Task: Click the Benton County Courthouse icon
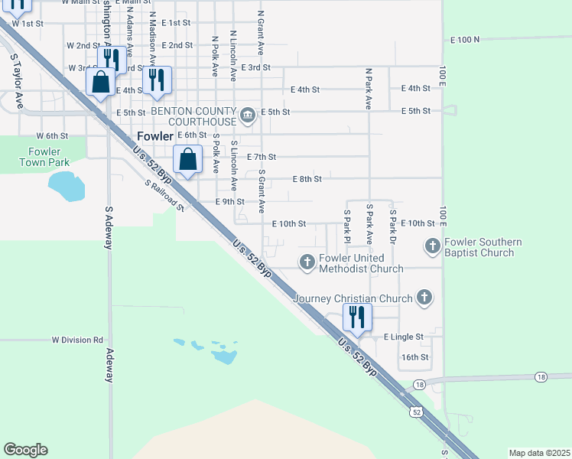pos(248,116)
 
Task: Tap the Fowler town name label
pos(154,136)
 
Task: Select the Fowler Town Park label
pos(45,157)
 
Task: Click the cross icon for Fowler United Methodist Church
pos(307,263)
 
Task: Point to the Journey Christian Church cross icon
pos(424,298)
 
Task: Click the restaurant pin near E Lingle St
pos(357,316)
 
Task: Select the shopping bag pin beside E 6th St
pos(188,160)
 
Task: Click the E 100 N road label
pos(465,39)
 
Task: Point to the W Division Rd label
pos(77,340)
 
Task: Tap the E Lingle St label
pos(403,337)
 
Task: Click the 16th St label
pos(415,357)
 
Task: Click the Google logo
pos(25,450)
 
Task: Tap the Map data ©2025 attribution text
pos(538,453)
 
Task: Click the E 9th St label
pos(229,202)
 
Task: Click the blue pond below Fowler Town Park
pos(66,185)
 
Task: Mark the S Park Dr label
pos(394,225)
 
